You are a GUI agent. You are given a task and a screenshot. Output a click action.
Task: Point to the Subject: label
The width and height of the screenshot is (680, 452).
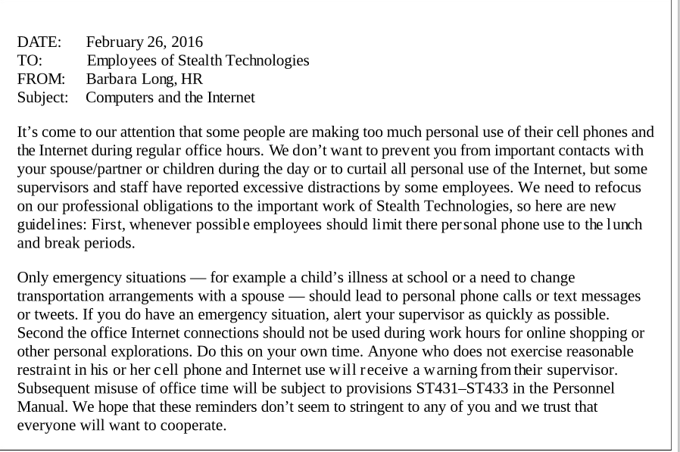[x=42, y=98]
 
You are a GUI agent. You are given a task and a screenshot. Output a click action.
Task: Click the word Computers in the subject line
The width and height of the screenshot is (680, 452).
[x=120, y=98]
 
